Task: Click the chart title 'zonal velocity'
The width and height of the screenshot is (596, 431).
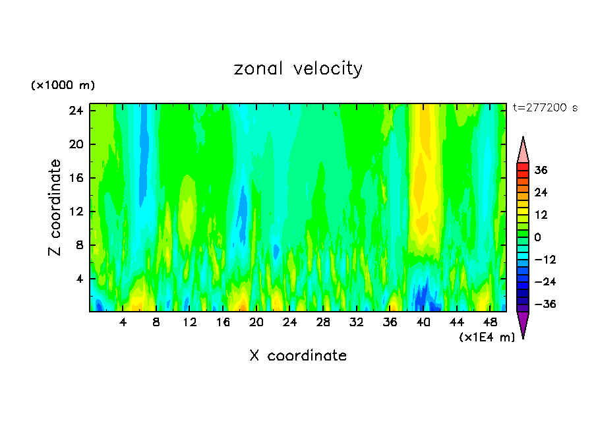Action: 298,69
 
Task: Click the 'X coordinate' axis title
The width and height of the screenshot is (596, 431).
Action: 298,356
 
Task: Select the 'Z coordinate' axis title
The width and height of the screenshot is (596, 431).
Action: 55,208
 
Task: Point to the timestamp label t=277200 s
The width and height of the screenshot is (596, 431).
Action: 545,108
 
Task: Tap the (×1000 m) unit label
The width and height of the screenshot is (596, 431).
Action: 63,86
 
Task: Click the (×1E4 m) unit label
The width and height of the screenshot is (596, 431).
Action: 487,337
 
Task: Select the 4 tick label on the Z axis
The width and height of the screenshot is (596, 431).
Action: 80,279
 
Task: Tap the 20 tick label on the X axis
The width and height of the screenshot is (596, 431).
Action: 256,323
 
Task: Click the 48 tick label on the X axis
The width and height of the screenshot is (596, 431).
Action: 491,323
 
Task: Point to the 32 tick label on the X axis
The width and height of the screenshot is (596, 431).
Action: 357,323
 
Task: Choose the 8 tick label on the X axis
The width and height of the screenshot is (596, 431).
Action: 156,323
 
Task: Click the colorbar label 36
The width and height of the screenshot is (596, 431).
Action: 541,170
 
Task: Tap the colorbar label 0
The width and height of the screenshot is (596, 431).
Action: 538,237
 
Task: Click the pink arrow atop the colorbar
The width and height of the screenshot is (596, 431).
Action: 523,152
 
